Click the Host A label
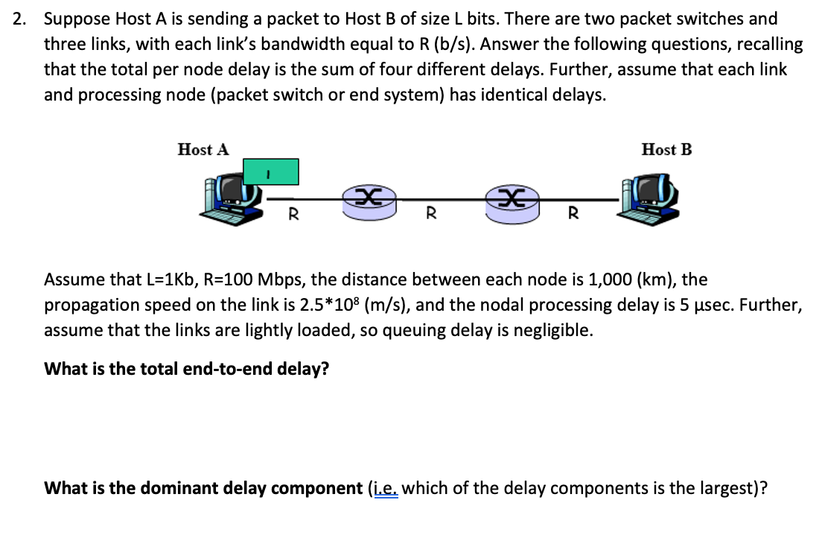(203, 150)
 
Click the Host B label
(666, 150)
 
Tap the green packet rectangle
(268, 172)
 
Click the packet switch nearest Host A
(368, 201)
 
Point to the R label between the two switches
(430, 215)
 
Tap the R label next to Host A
(293, 215)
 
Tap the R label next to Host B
(573, 215)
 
